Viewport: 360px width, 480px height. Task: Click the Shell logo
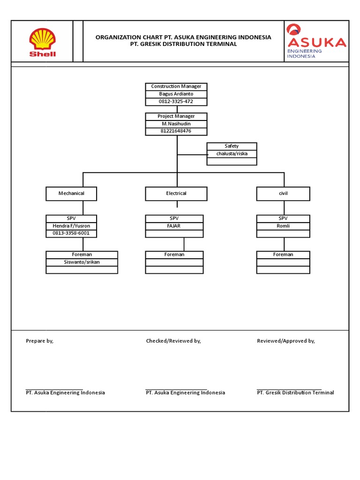pos(42,42)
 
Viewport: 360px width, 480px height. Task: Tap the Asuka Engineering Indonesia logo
pos(316,41)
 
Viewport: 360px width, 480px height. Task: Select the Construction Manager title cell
pos(176,87)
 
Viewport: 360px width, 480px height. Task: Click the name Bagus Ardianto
pos(176,94)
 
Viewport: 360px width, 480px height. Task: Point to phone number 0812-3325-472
pos(176,102)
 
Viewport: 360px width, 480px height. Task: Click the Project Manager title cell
pos(176,116)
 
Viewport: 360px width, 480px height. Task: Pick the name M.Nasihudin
pos(176,124)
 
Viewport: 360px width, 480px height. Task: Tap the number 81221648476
pos(176,131)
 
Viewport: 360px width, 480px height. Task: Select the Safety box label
pos(232,146)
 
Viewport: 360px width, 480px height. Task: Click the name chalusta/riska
pos(232,154)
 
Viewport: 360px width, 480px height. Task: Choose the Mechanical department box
pos(71,194)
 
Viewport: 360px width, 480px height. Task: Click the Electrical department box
pos(176,194)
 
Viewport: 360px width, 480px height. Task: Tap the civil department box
pos(283,194)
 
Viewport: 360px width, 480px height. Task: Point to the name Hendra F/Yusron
pos(71,226)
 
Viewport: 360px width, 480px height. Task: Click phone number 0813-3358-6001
pos(71,233)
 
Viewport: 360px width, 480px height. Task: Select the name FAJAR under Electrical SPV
pos(174,226)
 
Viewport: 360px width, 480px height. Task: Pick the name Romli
pos(283,226)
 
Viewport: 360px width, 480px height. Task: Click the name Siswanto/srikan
pos(82,262)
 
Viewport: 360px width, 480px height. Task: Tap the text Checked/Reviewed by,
pos(173,341)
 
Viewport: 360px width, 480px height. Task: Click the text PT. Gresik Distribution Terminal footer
pos(295,393)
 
